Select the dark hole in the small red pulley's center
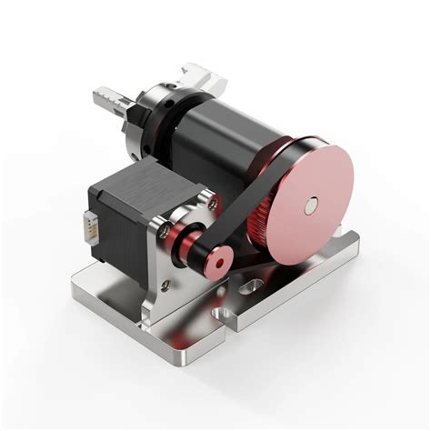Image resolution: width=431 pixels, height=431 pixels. [219, 263]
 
